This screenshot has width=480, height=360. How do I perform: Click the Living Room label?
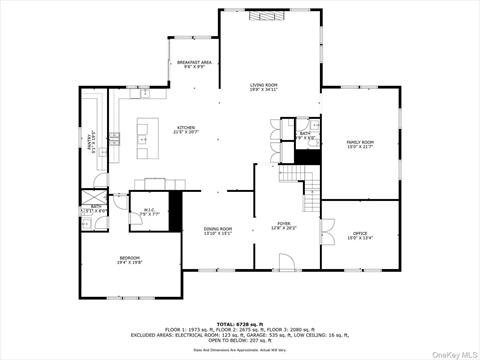point(264,87)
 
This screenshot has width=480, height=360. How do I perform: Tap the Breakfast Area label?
point(194,65)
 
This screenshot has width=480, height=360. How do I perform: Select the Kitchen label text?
point(187,130)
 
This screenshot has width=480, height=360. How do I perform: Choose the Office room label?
point(360,235)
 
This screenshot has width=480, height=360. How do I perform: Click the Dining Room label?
point(218,231)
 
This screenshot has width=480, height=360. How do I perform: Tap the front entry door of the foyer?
point(287,266)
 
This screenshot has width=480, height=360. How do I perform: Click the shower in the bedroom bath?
point(93,194)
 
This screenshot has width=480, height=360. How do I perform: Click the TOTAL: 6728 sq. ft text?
point(240,324)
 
